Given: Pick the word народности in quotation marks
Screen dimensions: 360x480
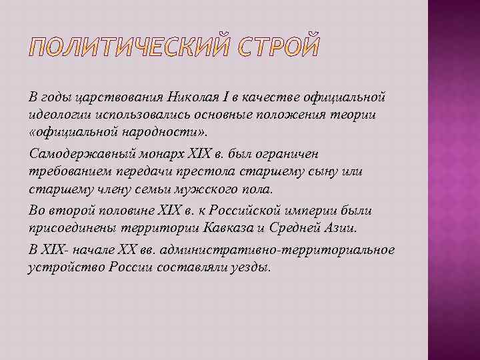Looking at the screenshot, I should click(141, 133).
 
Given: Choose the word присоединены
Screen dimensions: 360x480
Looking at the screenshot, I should click(68, 229).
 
